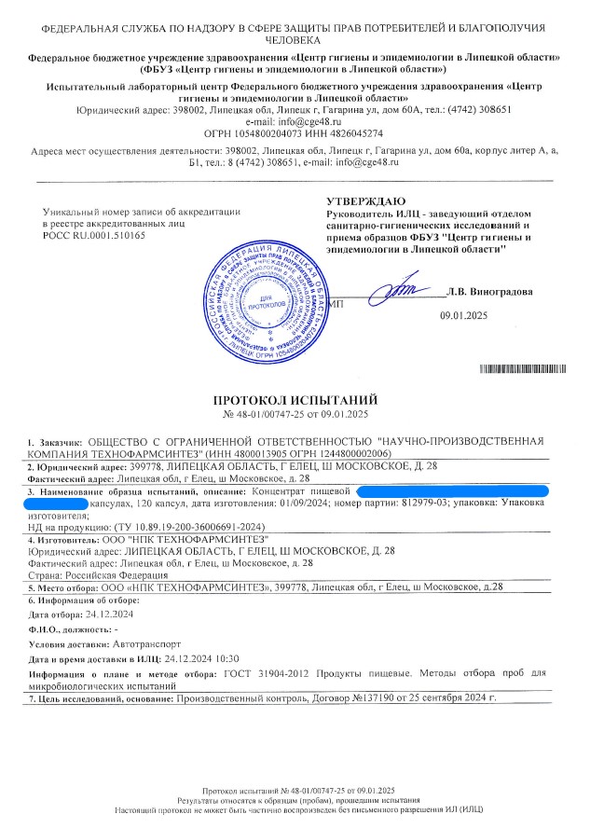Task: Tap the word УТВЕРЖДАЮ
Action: (x=365, y=201)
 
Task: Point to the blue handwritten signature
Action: (x=401, y=292)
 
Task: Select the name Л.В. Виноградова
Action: (x=490, y=291)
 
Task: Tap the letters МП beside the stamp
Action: (x=337, y=304)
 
